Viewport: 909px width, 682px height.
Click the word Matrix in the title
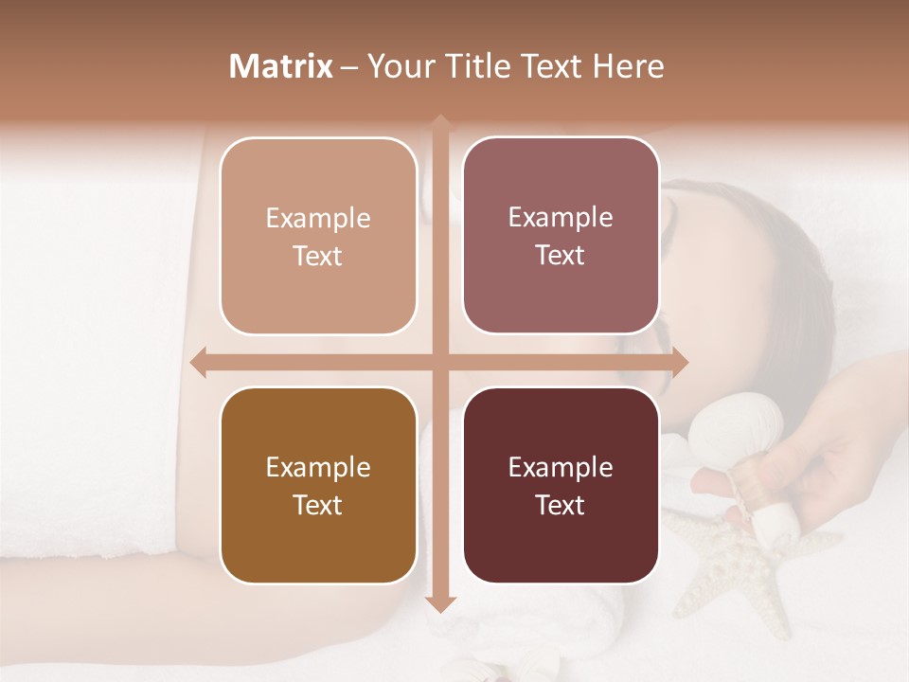point(281,66)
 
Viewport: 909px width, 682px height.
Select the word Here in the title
point(629,66)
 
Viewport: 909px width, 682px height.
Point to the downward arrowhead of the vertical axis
point(439,603)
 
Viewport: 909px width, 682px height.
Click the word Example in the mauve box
point(561,217)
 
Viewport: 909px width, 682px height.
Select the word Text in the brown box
point(318,505)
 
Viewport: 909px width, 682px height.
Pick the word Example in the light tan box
point(318,218)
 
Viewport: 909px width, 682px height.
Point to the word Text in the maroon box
point(561,505)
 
